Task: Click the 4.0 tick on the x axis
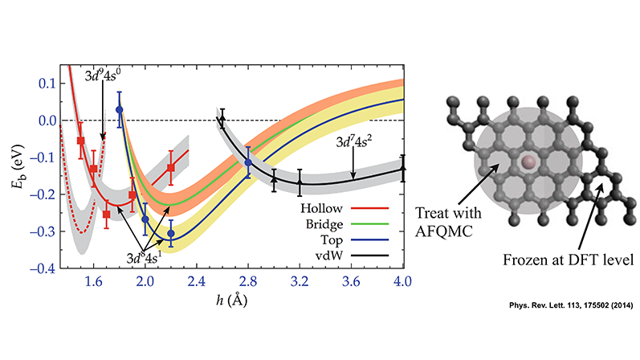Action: point(403,281)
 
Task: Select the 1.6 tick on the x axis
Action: point(93,281)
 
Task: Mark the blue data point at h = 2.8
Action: point(248,162)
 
